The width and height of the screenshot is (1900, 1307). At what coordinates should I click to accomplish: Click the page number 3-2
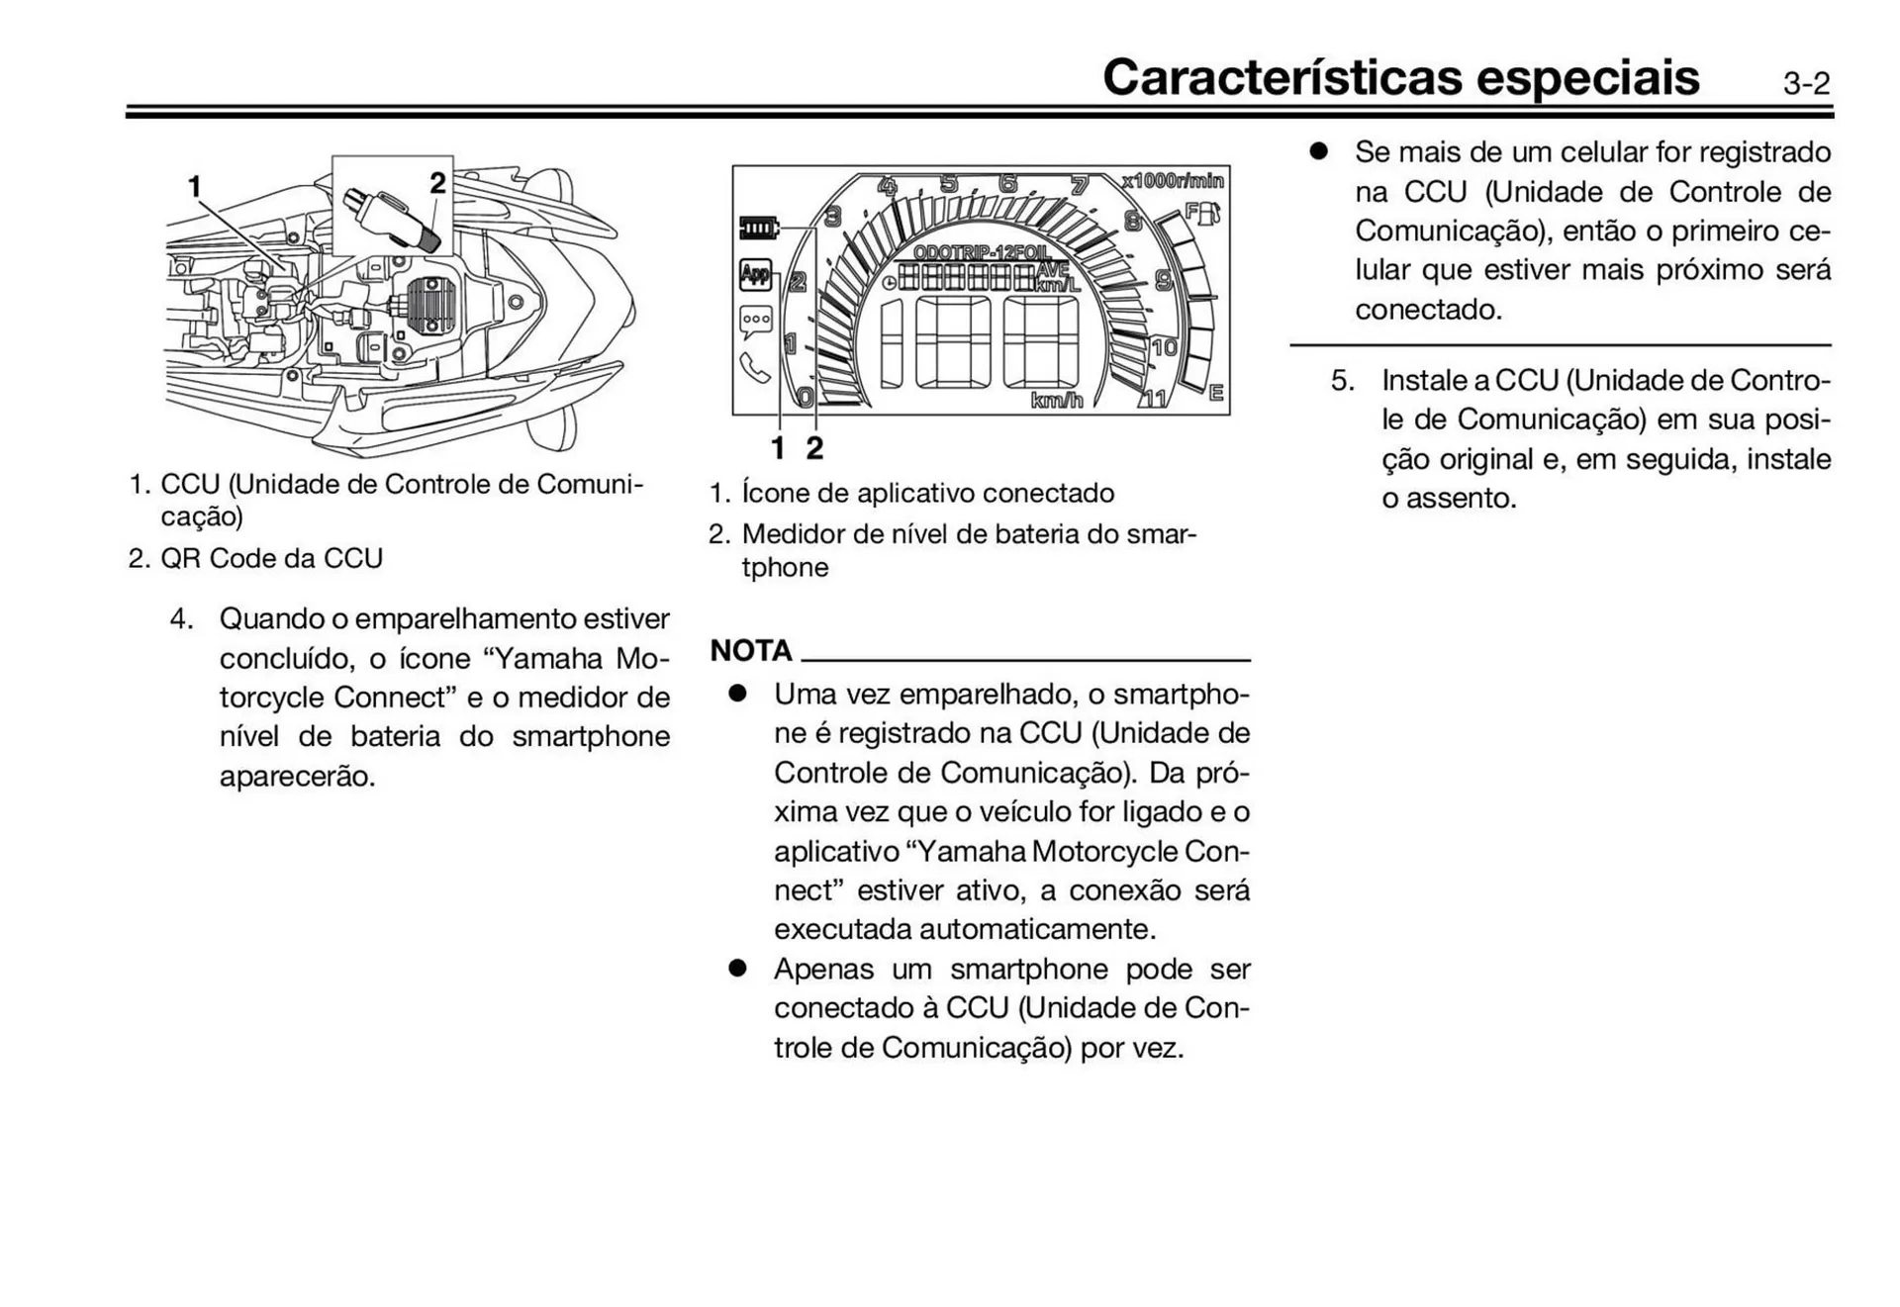[x=1806, y=84]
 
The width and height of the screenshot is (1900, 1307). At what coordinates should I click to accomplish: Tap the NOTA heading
[x=751, y=650]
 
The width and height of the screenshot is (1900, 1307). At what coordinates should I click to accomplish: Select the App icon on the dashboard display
[x=755, y=275]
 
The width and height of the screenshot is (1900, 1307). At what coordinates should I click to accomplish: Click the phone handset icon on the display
[x=755, y=368]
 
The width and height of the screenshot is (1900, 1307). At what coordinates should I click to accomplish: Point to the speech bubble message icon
[x=756, y=322]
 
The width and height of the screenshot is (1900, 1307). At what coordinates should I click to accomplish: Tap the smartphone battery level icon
[x=759, y=230]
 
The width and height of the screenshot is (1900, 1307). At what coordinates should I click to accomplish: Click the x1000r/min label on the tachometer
[x=1173, y=181]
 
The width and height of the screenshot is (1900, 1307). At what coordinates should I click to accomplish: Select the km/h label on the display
[x=1057, y=401]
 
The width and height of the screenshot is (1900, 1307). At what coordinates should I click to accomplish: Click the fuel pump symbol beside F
[x=1212, y=213]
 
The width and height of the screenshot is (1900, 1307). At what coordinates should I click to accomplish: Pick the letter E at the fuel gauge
[x=1216, y=393]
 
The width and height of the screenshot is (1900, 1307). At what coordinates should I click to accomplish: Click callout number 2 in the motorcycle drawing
[x=437, y=183]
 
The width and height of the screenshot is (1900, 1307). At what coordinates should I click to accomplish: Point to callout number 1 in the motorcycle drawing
[x=195, y=186]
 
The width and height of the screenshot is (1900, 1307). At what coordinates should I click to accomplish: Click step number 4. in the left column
[x=181, y=619]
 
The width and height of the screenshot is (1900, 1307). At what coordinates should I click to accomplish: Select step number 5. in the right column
[x=1342, y=381]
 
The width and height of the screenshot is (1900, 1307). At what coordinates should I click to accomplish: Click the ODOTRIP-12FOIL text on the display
[x=982, y=252]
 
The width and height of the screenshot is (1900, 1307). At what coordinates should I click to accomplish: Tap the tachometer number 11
[x=1155, y=399]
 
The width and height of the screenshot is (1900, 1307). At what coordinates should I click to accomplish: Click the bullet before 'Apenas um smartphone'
[x=736, y=969]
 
